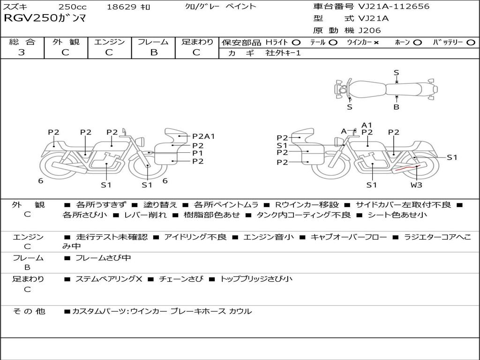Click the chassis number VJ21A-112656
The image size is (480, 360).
point(394,6)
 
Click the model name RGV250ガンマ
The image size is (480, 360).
point(45,18)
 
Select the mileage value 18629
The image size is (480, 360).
point(120,7)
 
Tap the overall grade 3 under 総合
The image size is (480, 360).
point(22,52)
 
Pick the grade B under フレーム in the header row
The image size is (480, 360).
point(154,52)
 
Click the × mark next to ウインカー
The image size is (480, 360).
point(376,43)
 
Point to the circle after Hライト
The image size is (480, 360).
point(296,43)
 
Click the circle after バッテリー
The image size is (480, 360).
point(471,43)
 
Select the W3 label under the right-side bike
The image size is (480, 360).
point(416,185)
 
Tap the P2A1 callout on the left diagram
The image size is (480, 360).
point(203,136)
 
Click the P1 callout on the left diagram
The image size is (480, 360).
point(197,153)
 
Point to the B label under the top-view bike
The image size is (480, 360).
point(397,107)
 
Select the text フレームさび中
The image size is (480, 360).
point(103,258)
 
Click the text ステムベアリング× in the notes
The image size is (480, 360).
point(109,279)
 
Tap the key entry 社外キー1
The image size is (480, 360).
point(283,53)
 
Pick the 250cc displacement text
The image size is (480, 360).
point(73,7)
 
